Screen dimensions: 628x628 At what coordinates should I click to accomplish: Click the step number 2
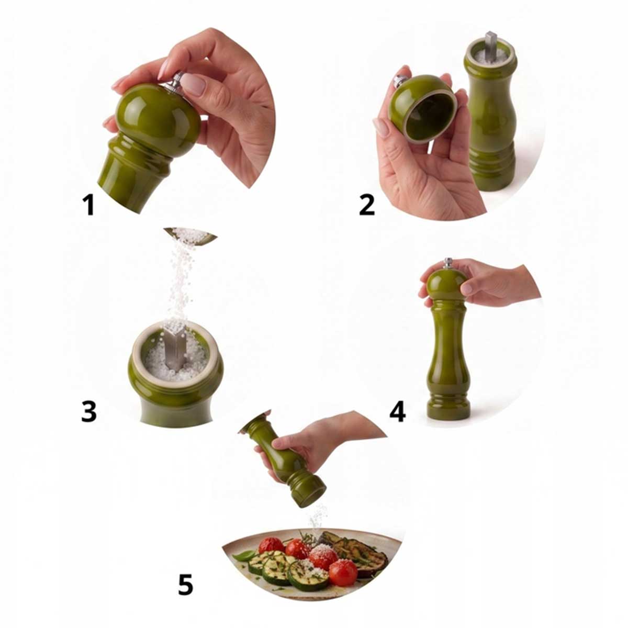click(367, 205)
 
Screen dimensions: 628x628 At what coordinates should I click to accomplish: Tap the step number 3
click(88, 411)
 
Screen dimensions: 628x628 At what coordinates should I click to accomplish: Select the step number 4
click(398, 411)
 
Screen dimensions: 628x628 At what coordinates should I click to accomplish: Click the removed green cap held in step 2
click(423, 109)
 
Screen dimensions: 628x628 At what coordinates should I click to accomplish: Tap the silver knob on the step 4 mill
click(448, 263)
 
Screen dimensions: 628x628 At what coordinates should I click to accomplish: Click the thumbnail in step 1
click(194, 84)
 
